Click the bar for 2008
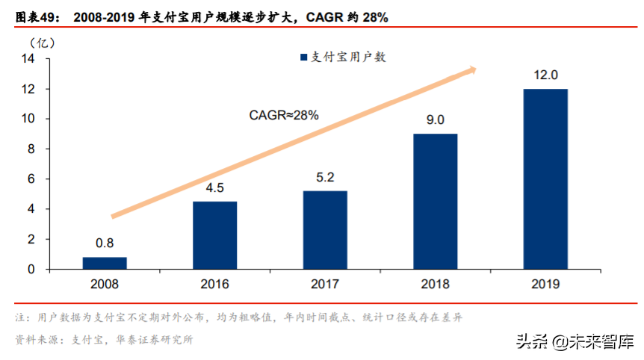(x=105, y=263)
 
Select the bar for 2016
(x=214, y=235)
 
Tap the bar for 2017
(x=325, y=230)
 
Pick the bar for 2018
(x=435, y=202)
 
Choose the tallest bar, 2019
(x=545, y=179)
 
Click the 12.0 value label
(x=545, y=75)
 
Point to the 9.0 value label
(x=435, y=120)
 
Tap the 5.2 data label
(x=325, y=178)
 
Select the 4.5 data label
(x=214, y=188)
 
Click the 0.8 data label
(x=105, y=243)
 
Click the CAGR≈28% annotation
(x=283, y=115)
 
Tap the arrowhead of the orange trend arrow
(x=471, y=70)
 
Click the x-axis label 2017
(x=325, y=285)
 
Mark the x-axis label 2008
(x=105, y=285)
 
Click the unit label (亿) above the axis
(x=43, y=42)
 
